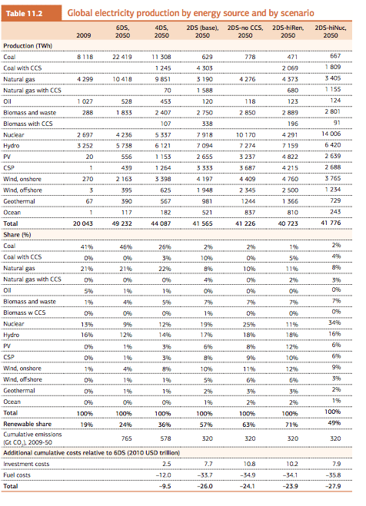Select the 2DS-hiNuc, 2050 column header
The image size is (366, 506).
(331, 31)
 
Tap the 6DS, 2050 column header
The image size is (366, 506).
(123, 31)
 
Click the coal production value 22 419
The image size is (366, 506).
(122, 57)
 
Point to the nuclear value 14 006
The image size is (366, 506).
(331, 134)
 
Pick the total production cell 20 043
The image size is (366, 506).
(83, 223)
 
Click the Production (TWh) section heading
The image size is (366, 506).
(28, 46)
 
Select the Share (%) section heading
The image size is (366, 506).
(17, 235)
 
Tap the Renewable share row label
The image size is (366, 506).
(28, 424)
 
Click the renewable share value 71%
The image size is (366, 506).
(291, 425)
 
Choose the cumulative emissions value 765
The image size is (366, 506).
(126, 438)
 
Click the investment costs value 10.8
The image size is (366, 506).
(249, 464)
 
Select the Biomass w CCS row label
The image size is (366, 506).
(25, 313)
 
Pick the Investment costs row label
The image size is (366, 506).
(26, 464)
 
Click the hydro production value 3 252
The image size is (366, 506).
(85, 146)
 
